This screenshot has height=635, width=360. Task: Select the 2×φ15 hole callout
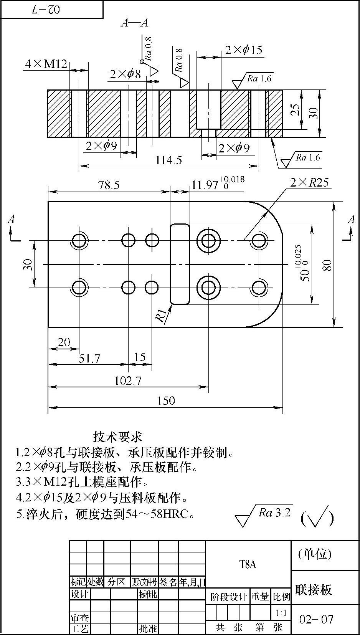(243, 50)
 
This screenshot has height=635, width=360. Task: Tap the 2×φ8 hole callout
(125, 74)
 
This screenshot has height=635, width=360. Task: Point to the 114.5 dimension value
(168, 160)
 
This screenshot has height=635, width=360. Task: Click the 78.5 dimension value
(109, 185)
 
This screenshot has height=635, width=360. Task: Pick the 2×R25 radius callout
(309, 182)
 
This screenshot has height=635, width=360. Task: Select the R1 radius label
(162, 316)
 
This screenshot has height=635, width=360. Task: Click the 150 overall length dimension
(166, 401)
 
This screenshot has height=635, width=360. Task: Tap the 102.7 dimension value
(128, 381)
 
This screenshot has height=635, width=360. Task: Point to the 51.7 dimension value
(89, 359)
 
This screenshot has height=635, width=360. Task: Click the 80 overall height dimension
(327, 265)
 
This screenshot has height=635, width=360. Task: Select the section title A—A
(134, 23)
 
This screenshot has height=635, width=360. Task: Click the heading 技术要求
(117, 437)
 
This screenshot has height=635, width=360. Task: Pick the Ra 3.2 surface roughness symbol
(265, 514)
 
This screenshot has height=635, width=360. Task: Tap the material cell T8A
(248, 564)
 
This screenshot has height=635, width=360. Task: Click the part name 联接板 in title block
(313, 590)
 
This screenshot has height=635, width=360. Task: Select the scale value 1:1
(281, 613)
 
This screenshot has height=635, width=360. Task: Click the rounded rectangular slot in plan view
(180, 264)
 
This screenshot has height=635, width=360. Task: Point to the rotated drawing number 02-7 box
(51, 10)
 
